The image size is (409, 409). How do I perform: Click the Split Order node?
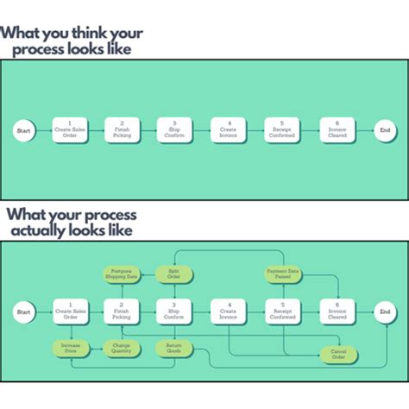pos(173,274)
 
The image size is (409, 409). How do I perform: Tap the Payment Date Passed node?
pos(280,274)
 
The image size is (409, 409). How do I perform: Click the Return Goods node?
pos(173,349)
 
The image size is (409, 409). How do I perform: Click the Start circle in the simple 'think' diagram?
pos(25,131)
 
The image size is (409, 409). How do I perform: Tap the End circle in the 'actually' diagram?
pos(385,311)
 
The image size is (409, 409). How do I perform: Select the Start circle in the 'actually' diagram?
pos(24,311)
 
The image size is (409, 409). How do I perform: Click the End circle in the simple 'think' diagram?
pos(385,131)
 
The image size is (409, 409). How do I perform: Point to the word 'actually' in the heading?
pos(42,231)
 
